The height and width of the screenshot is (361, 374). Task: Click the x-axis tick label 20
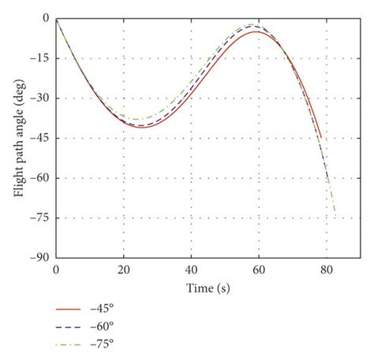click(x=124, y=270)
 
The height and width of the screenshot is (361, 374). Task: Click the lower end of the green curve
click(x=335, y=211)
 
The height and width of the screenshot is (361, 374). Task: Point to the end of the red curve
click(x=322, y=139)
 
